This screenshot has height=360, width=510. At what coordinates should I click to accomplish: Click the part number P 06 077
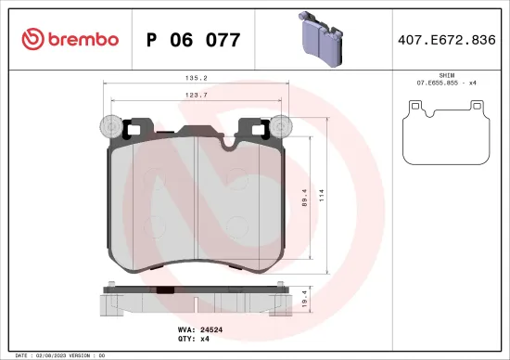pyautogui.click(x=193, y=40)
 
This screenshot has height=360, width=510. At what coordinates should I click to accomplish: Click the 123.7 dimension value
pyautogui.click(x=197, y=95)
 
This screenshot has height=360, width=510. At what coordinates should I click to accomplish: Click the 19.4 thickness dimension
pyautogui.click(x=305, y=298)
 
